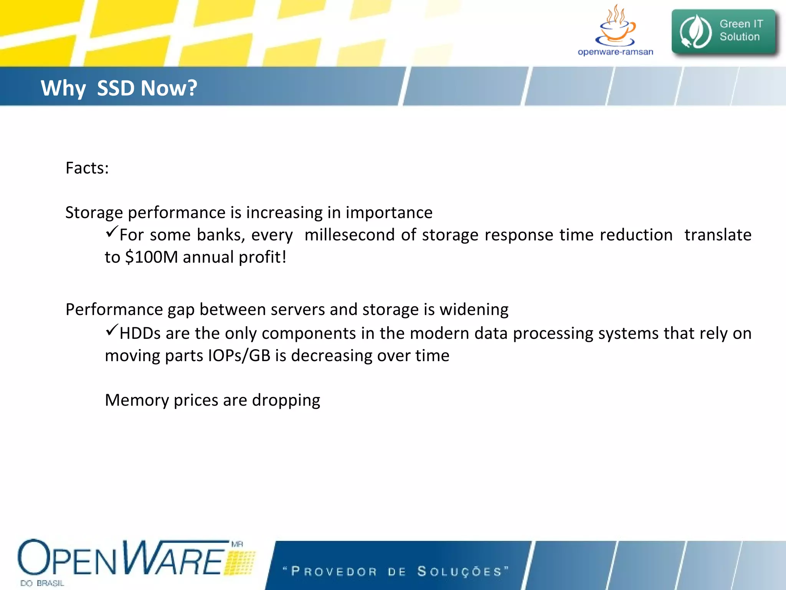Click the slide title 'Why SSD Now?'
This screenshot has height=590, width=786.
119,88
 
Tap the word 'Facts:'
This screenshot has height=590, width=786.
87,168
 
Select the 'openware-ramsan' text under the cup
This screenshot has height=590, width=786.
615,52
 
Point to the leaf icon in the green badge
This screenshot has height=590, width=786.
695,31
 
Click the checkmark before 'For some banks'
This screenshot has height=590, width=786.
111,232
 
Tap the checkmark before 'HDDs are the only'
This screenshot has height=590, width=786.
111,330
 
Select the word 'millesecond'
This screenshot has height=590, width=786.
349,235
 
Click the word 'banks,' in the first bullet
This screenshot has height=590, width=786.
221,235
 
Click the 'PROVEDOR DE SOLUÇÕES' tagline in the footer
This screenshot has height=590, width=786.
395,571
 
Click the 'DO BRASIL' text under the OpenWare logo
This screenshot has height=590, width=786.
42,583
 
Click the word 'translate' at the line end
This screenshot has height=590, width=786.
718,235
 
